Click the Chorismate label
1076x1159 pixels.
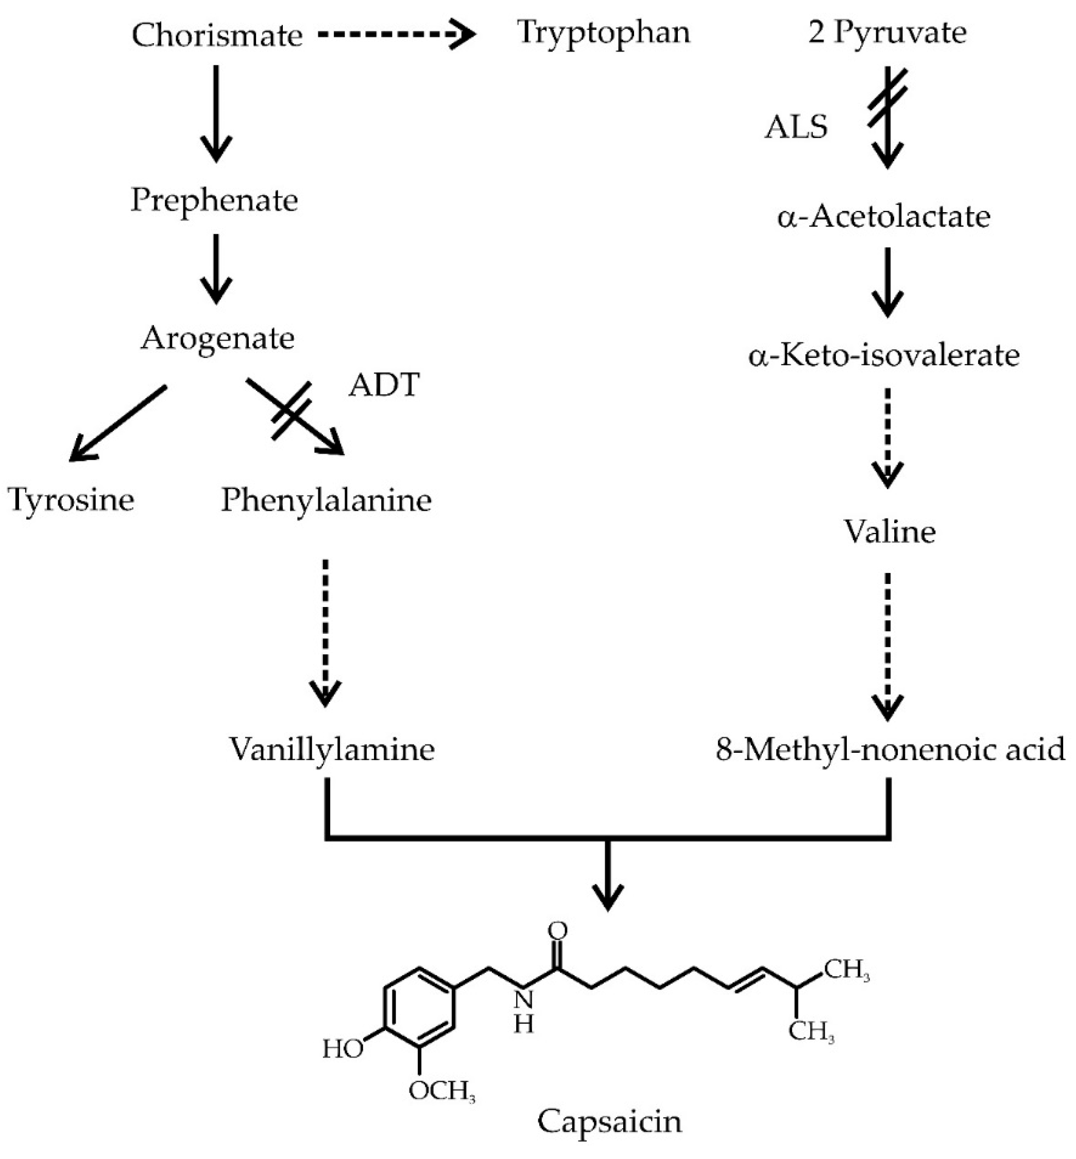(x=217, y=35)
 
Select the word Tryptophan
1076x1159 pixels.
(x=603, y=32)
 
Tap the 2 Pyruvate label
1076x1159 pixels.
(x=887, y=32)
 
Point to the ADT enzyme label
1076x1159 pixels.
(x=384, y=385)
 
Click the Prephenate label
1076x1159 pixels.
(x=214, y=200)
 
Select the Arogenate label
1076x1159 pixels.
(x=217, y=338)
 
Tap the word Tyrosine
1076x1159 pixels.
(x=71, y=500)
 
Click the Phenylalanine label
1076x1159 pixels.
(x=326, y=500)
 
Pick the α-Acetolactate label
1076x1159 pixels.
(x=884, y=217)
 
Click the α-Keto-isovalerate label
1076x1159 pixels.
(x=884, y=355)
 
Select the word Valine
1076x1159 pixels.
(x=890, y=531)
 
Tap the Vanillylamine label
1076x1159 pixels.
(x=331, y=749)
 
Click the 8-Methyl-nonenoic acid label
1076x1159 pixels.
(x=890, y=749)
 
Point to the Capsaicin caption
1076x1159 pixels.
(x=609, y=1120)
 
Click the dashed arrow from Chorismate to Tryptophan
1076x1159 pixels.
(x=396, y=35)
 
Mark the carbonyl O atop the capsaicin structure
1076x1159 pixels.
(x=557, y=930)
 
